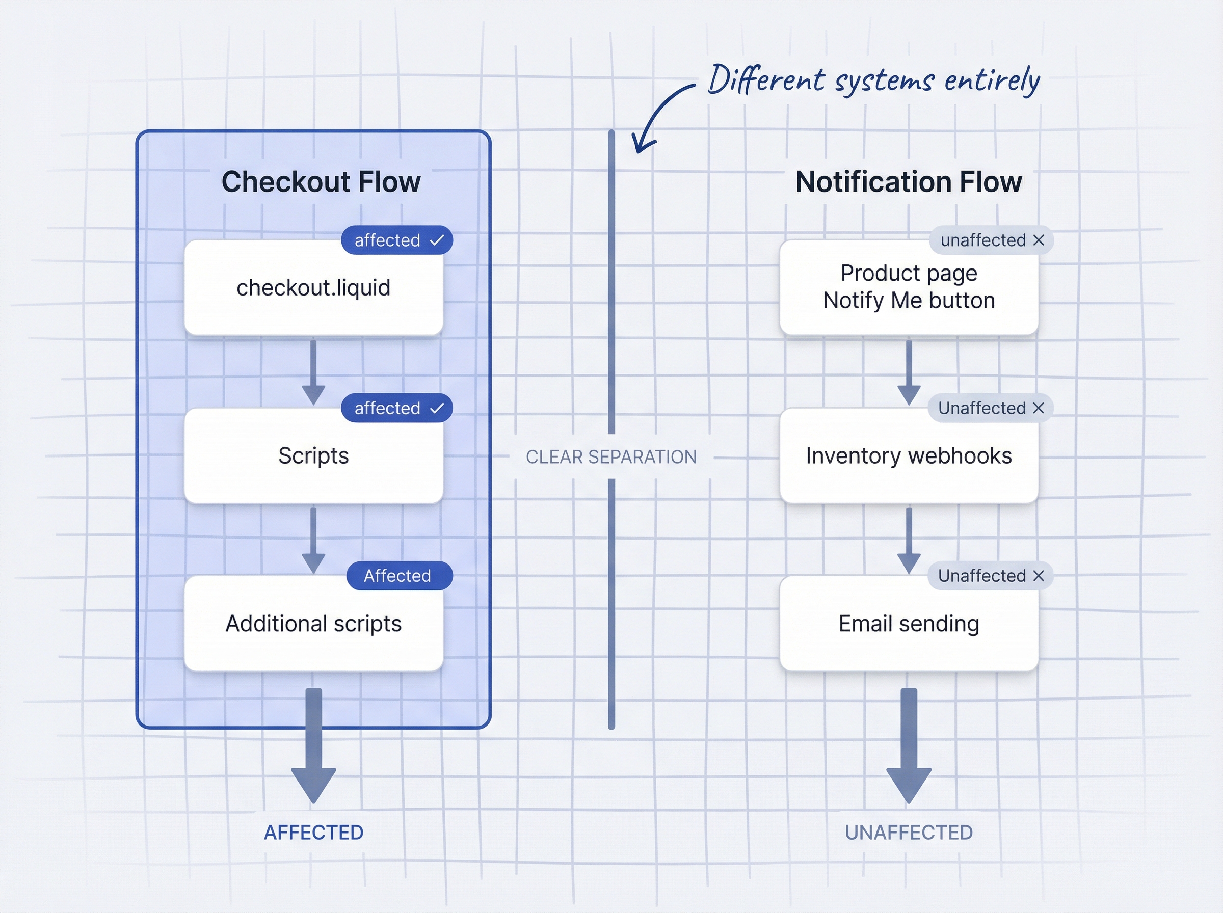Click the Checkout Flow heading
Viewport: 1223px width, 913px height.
pos(321,182)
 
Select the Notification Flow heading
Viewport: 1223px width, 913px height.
pos(909,182)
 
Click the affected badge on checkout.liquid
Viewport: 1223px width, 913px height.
pos(397,240)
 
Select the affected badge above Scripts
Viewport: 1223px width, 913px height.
pos(397,409)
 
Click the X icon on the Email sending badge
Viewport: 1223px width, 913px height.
pos(1039,576)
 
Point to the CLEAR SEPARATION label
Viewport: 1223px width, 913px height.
pos(610,457)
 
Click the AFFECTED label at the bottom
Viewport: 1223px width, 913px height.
pos(313,833)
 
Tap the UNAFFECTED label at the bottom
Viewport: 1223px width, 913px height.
pos(909,833)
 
